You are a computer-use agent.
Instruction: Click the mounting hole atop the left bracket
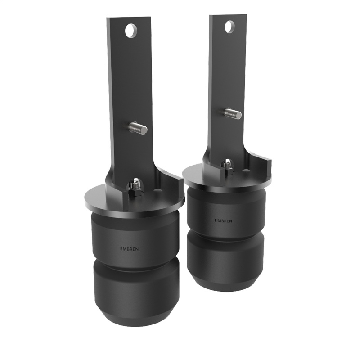click(x=130, y=31)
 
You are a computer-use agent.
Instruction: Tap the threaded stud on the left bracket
click(x=138, y=129)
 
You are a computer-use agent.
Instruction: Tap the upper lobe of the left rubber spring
click(x=135, y=234)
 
